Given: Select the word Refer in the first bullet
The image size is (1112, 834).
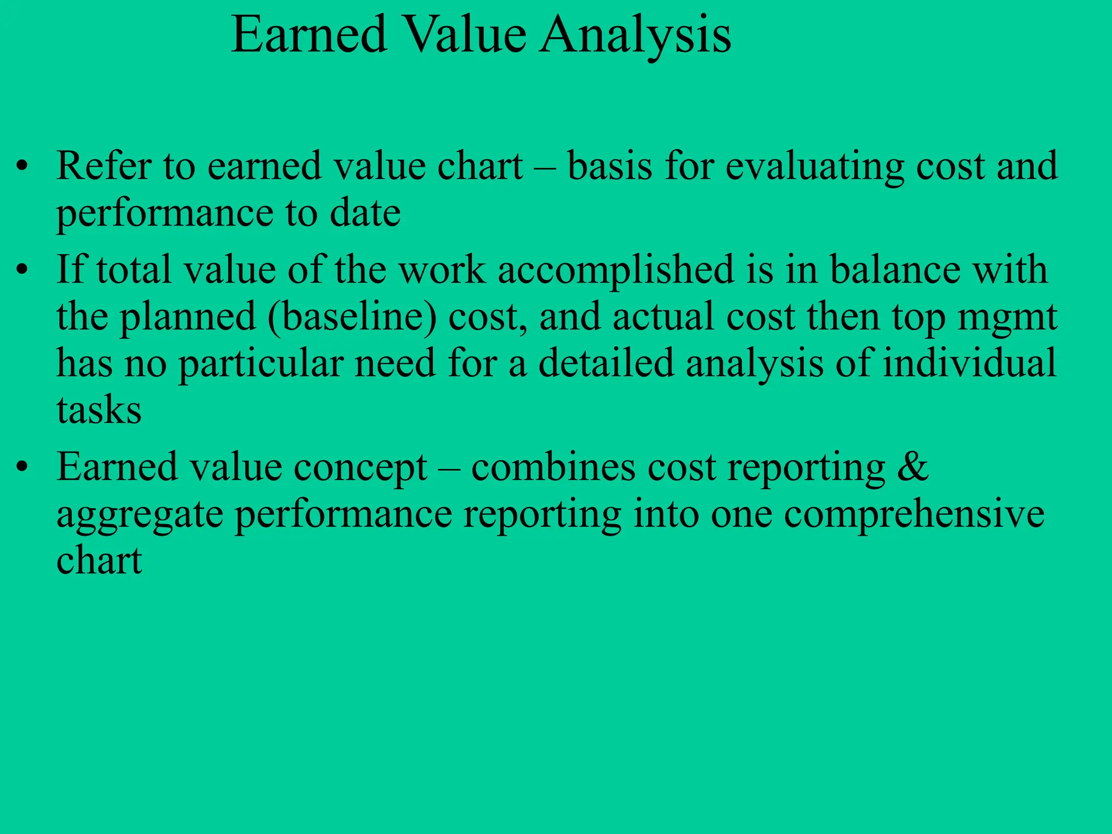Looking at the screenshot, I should click(x=104, y=166).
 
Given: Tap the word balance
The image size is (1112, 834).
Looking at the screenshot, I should click(x=895, y=270).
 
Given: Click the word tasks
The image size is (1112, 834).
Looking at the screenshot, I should click(x=99, y=410).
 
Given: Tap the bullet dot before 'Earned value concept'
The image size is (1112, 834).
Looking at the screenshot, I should click(x=21, y=467).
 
